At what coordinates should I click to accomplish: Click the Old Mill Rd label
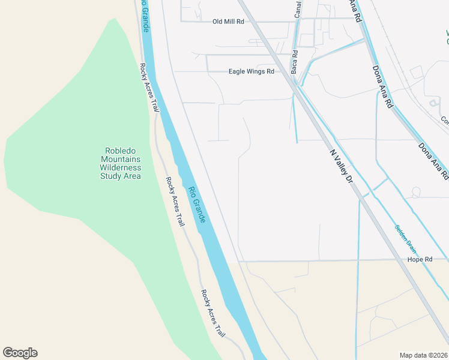[228, 22]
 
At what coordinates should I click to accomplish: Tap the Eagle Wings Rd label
[251, 71]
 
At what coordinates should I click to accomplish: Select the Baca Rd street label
[295, 61]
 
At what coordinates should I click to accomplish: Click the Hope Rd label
[420, 260]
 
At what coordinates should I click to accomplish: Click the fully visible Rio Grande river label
[197, 205]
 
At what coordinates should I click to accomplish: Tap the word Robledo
[120, 151]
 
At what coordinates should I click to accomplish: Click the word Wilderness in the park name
[120, 168]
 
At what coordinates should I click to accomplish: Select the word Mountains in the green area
[120, 160]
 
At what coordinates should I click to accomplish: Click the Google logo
[20, 353]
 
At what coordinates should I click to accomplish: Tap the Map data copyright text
[424, 355]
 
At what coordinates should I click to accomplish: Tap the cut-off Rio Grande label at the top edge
[144, 12]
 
